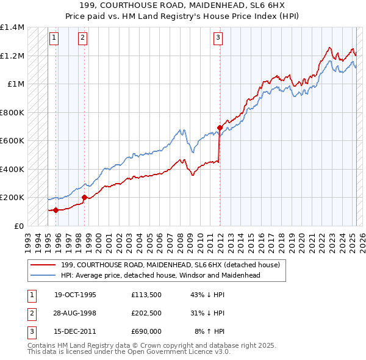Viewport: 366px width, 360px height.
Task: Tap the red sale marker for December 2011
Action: click(220, 128)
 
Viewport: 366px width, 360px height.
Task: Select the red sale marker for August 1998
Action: click(85, 197)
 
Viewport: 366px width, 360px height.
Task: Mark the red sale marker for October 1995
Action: click(56, 210)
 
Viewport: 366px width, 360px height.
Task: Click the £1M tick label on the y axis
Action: click(15, 84)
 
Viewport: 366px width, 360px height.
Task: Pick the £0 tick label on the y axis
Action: click(18, 226)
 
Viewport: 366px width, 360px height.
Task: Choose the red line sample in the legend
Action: click(43, 265)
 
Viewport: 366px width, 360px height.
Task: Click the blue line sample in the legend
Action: click(43, 275)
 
